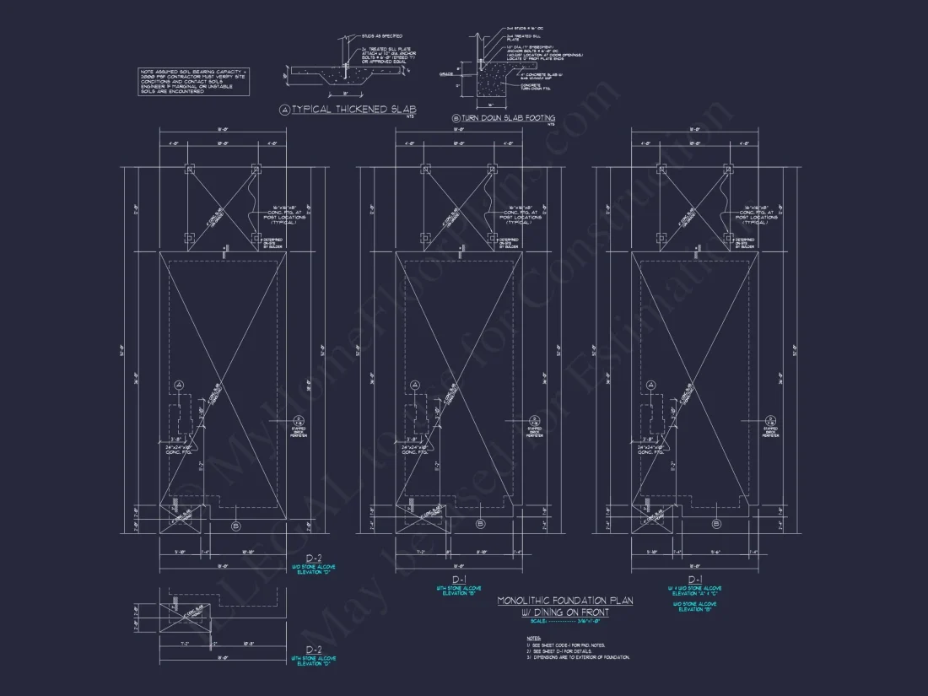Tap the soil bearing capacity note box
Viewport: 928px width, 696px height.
tap(194, 82)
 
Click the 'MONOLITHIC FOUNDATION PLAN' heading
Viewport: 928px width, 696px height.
tap(565, 601)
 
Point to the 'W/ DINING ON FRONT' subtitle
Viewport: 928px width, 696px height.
tap(565, 612)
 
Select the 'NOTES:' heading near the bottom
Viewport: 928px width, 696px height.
tap(533, 639)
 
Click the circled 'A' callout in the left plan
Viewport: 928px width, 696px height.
tap(179, 385)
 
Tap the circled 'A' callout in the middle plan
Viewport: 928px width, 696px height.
tap(415, 385)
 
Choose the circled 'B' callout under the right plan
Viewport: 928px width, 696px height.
tap(717, 524)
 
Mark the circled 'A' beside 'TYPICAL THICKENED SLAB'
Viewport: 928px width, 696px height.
tap(284, 110)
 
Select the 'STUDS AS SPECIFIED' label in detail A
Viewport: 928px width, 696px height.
tap(381, 36)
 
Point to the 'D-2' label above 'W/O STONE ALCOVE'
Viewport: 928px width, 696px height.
tap(314, 558)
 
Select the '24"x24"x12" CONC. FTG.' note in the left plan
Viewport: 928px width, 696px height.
tap(180, 448)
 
